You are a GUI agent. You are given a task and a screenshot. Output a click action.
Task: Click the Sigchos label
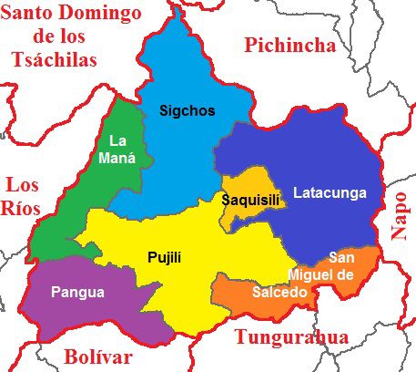(187, 111)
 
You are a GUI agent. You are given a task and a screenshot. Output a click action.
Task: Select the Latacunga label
(330, 192)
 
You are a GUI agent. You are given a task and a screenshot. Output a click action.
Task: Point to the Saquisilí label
(249, 199)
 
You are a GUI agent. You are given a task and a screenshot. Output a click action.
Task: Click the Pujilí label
(165, 258)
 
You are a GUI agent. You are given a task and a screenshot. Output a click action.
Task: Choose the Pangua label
(77, 293)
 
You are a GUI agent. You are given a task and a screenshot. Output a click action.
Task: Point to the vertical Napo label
(400, 215)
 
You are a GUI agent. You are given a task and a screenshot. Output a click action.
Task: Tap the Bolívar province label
(98, 356)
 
